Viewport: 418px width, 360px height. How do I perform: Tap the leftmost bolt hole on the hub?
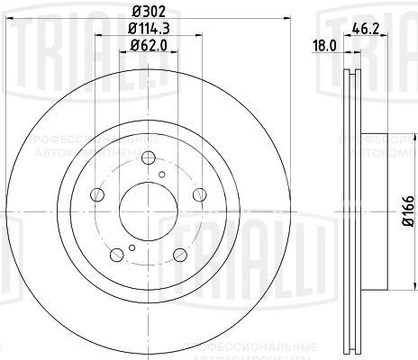click(x=97, y=193)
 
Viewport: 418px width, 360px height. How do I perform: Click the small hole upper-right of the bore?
click(x=160, y=175)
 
